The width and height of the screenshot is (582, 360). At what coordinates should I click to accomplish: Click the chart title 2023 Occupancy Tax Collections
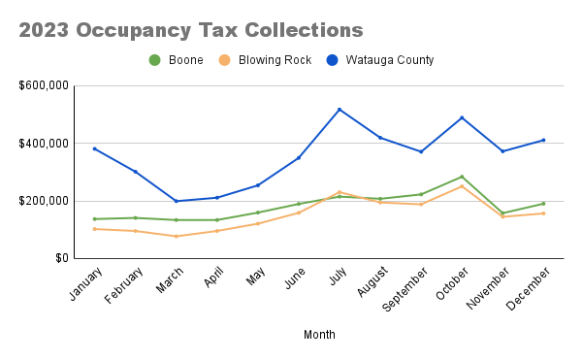[x=191, y=30]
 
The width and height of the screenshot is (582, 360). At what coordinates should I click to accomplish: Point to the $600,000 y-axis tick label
[x=43, y=85]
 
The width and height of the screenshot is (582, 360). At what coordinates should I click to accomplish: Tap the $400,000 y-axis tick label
[x=43, y=144]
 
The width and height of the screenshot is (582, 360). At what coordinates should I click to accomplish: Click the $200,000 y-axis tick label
[x=43, y=201]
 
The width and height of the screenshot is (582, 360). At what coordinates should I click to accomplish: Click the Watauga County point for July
[x=339, y=110]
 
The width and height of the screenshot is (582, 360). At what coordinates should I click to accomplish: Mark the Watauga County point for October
[x=462, y=117]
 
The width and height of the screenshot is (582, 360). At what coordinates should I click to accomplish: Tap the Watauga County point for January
[x=94, y=148]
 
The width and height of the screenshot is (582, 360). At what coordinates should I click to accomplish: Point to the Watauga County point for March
[x=176, y=201]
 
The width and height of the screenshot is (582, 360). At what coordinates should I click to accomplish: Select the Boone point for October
[x=462, y=177]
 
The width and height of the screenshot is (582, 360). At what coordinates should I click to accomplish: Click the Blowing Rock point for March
[x=176, y=236]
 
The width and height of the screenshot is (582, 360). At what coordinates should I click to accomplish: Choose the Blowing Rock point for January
[x=94, y=229]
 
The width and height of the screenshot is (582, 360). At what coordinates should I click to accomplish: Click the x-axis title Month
[x=319, y=335]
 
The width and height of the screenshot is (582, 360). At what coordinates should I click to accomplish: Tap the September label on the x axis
[x=405, y=289]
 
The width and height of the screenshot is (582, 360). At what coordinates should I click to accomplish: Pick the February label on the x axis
[x=120, y=287]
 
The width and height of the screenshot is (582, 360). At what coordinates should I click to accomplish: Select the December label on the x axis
[x=529, y=288]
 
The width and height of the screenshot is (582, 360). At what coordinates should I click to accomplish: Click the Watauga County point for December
[x=543, y=140]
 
